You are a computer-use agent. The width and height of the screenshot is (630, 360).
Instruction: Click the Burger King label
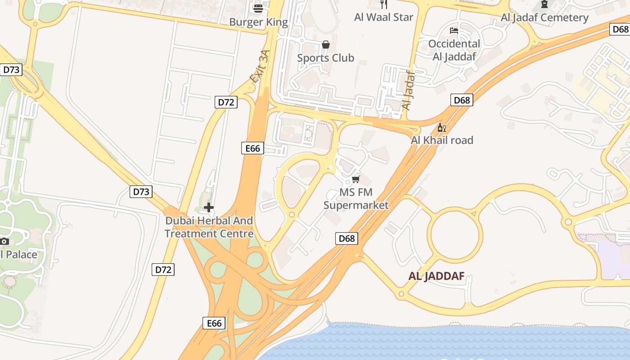(258, 22)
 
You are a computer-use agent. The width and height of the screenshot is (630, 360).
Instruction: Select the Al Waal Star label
(383, 17)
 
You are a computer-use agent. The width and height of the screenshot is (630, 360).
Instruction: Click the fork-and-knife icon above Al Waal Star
(384, 4)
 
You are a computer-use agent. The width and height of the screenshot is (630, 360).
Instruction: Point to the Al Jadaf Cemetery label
(544, 18)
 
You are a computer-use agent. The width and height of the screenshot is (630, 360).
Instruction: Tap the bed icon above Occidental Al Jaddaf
(454, 31)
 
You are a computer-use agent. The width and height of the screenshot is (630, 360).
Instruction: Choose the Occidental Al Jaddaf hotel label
(454, 50)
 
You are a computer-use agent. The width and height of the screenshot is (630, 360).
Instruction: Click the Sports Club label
(325, 58)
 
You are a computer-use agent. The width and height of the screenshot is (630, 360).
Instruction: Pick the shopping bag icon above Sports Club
(326, 45)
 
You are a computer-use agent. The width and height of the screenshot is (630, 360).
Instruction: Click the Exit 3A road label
(261, 67)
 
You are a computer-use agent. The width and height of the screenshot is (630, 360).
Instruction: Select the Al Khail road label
(442, 140)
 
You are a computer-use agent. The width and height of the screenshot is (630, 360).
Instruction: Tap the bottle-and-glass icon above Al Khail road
(442, 128)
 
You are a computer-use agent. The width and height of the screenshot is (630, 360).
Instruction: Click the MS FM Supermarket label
(356, 199)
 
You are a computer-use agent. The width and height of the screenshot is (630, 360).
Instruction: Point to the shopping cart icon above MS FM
(356, 180)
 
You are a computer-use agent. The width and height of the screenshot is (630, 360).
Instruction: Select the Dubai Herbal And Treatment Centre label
(209, 227)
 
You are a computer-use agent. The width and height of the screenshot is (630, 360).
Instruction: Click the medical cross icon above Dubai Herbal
(209, 207)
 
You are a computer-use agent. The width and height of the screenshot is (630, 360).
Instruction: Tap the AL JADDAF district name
(436, 276)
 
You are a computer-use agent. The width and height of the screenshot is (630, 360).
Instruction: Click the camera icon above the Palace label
(4, 241)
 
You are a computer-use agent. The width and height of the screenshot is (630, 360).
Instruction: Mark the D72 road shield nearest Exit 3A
(226, 102)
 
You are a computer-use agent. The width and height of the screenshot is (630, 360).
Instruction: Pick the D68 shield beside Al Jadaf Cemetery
(620, 29)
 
